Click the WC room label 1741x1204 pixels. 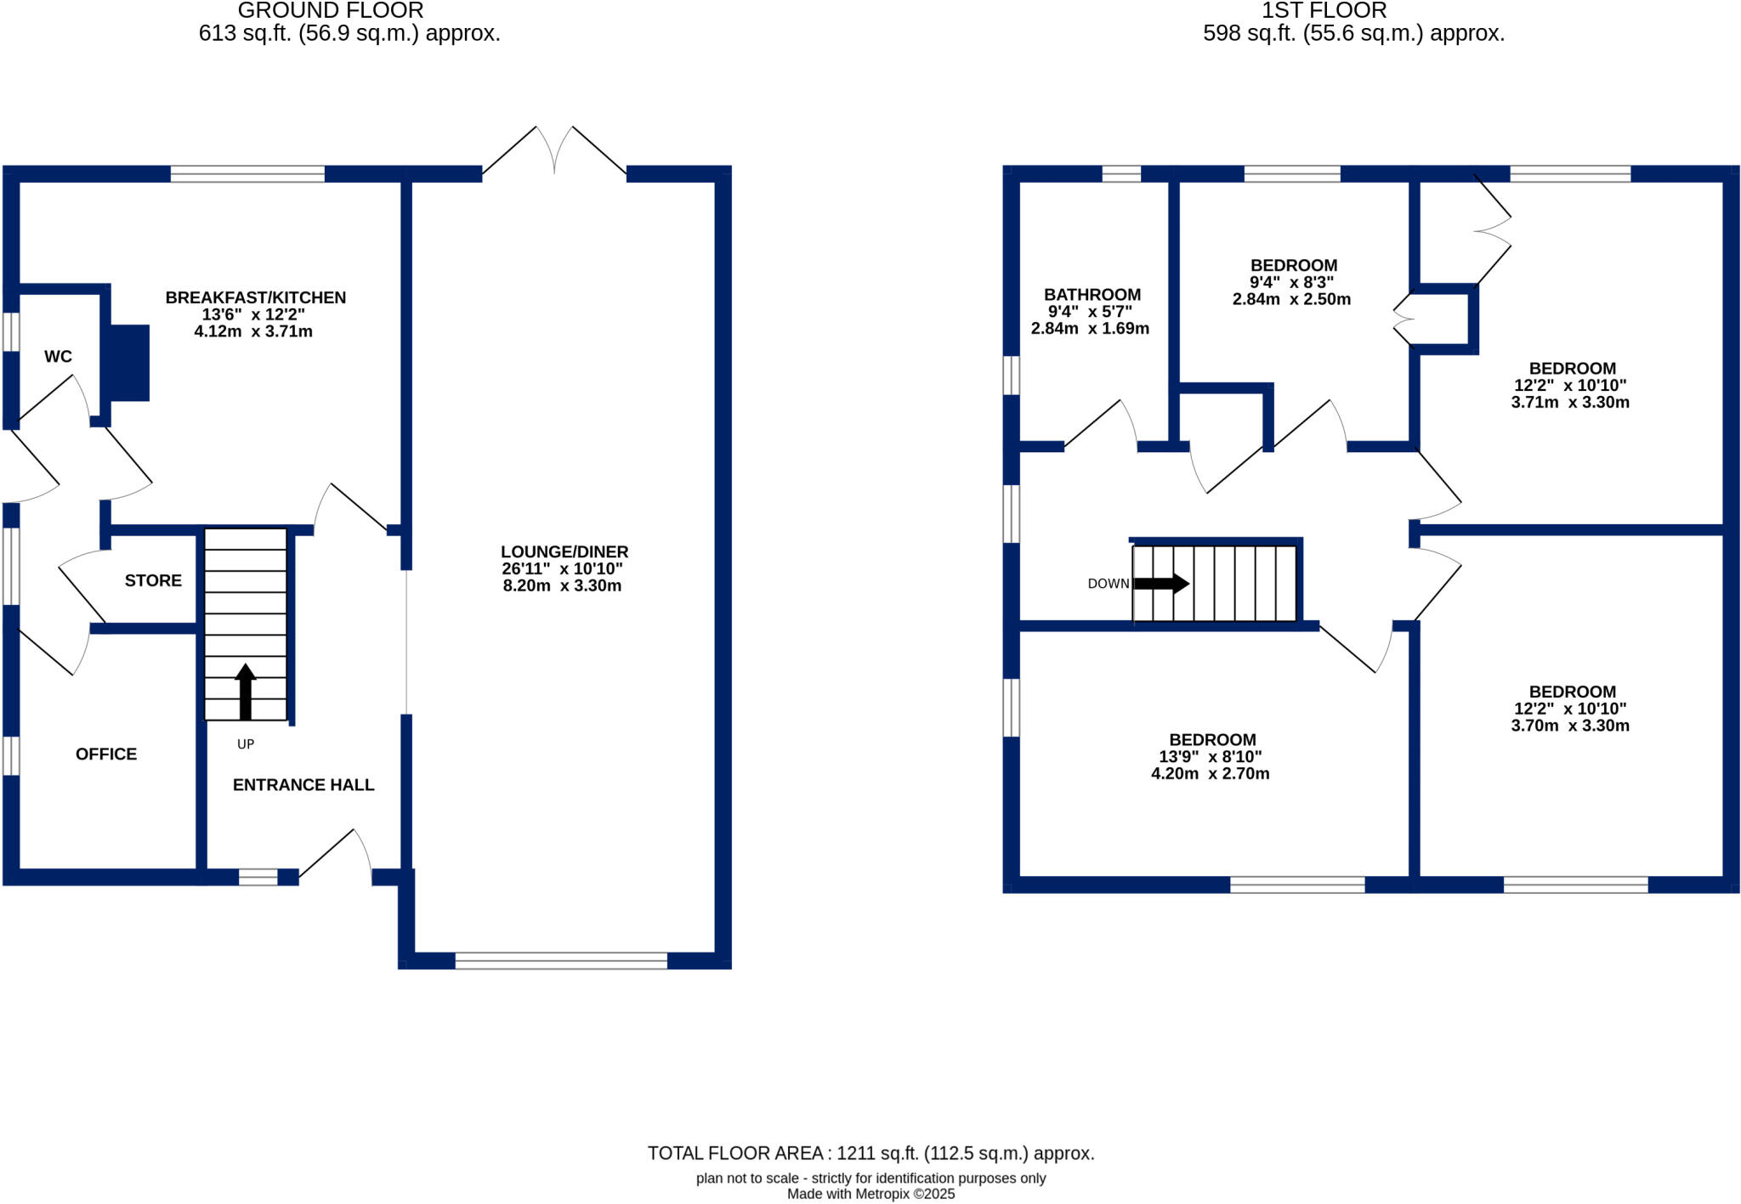[x=58, y=357]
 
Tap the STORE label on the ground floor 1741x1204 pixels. [x=153, y=580]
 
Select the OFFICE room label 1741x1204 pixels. [x=106, y=754]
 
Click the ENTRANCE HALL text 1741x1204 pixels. [x=303, y=785]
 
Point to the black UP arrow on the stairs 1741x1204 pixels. [x=246, y=691]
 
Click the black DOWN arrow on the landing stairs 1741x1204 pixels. [x=1161, y=584]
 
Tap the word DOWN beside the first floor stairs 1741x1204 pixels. [x=1108, y=584]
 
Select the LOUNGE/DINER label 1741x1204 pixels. [x=564, y=551]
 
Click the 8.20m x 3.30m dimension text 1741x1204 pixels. [x=562, y=585]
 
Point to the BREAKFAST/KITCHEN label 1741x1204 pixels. [x=255, y=297]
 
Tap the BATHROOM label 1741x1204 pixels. [x=1092, y=295]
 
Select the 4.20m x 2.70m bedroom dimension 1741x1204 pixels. [x=1210, y=773]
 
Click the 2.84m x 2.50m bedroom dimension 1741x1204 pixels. [x=1291, y=299]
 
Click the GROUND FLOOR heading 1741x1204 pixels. [x=331, y=11]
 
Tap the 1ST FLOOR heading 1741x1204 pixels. [x=1324, y=11]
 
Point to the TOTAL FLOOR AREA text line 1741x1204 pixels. [x=870, y=1153]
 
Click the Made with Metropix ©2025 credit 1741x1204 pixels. [x=870, y=1194]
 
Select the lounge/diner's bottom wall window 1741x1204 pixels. [x=561, y=961]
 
